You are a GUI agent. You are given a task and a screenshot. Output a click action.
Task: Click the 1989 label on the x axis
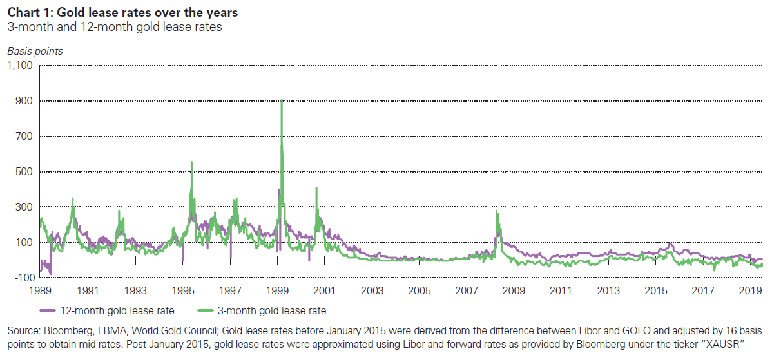tap(39, 290)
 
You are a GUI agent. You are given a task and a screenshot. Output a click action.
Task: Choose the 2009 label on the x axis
tap(514, 290)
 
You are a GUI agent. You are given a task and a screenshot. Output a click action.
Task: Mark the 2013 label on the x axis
tap(608, 290)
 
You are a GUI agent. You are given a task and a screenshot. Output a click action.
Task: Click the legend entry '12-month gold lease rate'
tap(117, 311)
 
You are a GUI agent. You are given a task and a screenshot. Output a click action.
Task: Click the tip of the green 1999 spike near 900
tap(282, 100)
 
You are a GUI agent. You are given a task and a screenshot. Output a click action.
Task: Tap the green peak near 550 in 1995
tap(191, 162)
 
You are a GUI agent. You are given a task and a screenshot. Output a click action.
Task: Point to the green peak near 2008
tap(496, 211)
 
